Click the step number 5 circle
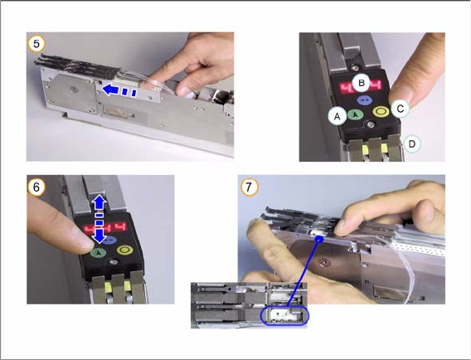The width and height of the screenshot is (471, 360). click(36, 44)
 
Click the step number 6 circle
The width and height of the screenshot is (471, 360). click(36, 187)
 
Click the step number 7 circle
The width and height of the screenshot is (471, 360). click(249, 187)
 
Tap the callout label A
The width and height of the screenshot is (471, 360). click(337, 116)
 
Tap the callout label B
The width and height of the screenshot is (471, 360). click(362, 82)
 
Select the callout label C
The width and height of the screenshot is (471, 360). click(401, 108)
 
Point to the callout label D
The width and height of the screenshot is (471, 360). click(412, 144)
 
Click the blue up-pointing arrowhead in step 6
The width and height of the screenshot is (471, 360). click(100, 203)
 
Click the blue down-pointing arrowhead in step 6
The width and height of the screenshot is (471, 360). click(100, 235)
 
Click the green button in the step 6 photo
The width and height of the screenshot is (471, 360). click(98, 253)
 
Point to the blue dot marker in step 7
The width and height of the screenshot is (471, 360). click(319, 239)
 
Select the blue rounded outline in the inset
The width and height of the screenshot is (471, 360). click(284, 316)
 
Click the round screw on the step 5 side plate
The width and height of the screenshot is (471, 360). click(74, 89)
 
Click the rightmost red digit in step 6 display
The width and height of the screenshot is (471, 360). click(121, 228)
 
